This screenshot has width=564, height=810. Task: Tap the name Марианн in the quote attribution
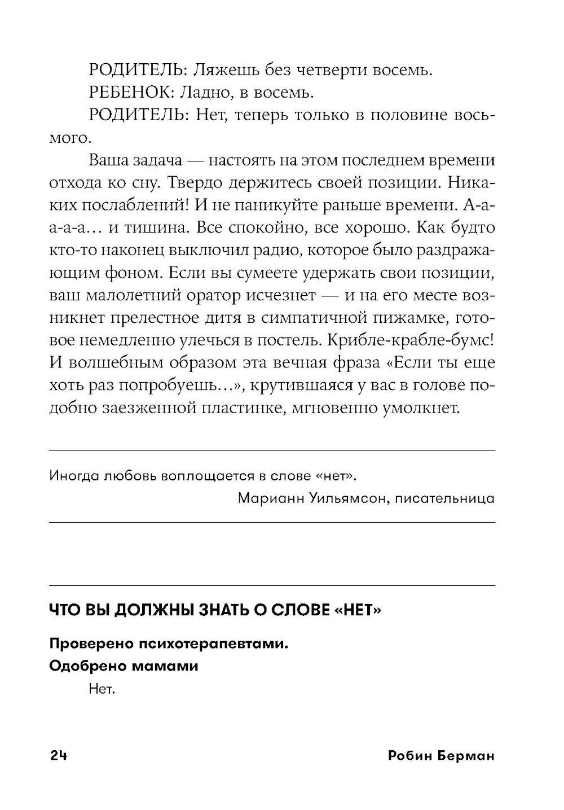coord(263,498)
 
